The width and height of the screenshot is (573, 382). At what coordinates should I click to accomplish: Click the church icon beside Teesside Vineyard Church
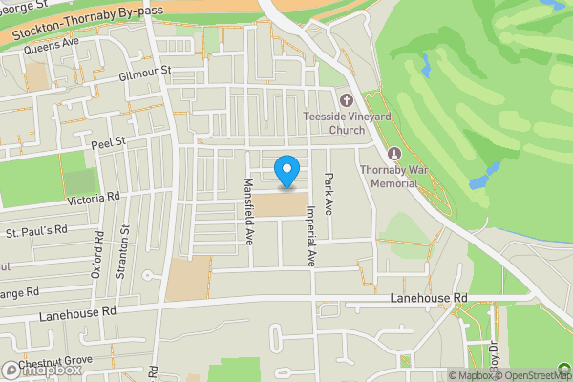click(x=346, y=100)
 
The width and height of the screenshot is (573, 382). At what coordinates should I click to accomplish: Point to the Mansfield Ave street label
click(x=248, y=210)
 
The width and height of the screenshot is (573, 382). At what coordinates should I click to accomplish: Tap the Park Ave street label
click(x=329, y=194)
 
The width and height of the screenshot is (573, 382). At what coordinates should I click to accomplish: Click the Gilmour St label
click(x=144, y=72)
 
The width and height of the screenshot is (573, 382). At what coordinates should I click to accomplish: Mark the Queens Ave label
click(x=52, y=45)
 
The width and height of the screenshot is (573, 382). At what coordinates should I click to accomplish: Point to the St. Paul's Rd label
click(x=37, y=230)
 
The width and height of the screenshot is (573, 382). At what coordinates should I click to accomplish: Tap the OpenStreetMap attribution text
click(x=539, y=375)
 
